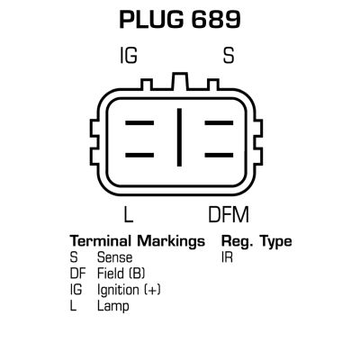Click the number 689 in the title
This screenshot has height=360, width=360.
pyautogui.click(x=216, y=20)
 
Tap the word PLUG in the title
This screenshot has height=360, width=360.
pyautogui.click(x=151, y=20)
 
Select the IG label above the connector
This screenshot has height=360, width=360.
pyautogui.click(x=129, y=55)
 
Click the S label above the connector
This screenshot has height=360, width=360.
pyautogui.click(x=229, y=55)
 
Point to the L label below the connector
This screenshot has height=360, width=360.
pyautogui.click(x=129, y=214)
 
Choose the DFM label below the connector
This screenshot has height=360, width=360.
pyautogui.click(x=229, y=214)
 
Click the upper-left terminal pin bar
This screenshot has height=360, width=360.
pyautogui.click(x=139, y=123)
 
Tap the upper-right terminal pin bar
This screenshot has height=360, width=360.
pyautogui.click(x=219, y=123)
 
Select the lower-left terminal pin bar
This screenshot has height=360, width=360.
pyautogui.click(x=139, y=155)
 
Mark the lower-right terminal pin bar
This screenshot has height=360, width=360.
pyautogui.click(x=219, y=155)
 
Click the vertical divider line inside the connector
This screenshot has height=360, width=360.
pyautogui.click(x=179, y=137)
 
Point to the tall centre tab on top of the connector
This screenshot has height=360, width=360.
pyautogui.click(x=179, y=81)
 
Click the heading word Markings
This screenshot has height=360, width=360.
pyautogui.click(x=171, y=242)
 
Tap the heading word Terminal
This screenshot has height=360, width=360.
pyautogui.click(x=101, y=241)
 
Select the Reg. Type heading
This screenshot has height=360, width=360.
pyautogui.click(x=256, y=242)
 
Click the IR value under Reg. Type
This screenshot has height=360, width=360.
pyautogui.click(x=227, y=257)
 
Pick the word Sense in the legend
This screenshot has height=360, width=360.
pyautogui.click(x=114, y=257)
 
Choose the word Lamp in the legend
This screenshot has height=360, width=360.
pyautogui.click(x=113, y=307)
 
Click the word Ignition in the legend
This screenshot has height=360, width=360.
pyautogui.click(x=118, y=291)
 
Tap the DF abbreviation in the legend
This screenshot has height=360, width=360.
pyautogui.click(x=77, y=274)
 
